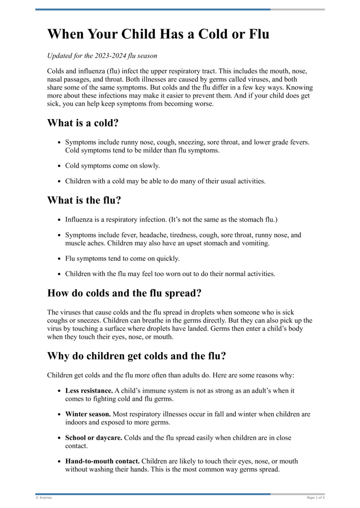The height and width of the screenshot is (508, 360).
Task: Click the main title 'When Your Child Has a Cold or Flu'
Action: click(x=158, y=34)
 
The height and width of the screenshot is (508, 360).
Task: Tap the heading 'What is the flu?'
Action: click(x=84, y=201)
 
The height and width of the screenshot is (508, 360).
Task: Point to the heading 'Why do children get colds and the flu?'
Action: click(x=136, y=356)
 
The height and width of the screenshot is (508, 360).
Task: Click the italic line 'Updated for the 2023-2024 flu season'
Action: click(x=102, y=56)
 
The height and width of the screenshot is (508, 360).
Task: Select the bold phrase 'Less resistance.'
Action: click(x=89, y=391)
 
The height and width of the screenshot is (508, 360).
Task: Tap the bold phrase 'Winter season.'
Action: click(x=88, y=414)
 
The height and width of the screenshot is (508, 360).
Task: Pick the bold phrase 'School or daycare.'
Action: click(x=94, y=437)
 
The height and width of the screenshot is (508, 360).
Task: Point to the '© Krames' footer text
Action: click(x=44, y=498)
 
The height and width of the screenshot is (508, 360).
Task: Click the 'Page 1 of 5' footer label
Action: click(x=315, y=498)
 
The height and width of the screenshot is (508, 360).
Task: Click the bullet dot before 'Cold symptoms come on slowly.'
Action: click(x=59, y=166)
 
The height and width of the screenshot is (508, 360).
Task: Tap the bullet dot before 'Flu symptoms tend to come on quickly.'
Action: click(x=59, y=258)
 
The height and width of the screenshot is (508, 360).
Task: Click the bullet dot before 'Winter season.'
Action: click(x=59, y=414)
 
